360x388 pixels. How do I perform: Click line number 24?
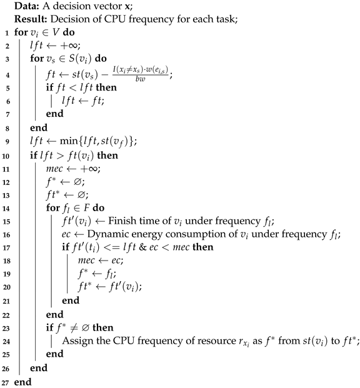click(x=5, y=340)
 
